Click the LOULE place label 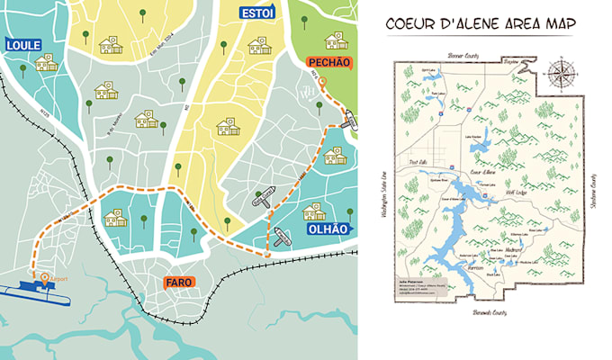[x=23, y=45]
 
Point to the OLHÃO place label [x=327, y=229]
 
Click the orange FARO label [x=178, y=283]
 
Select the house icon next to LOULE [x=45, y=62]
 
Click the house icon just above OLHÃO [x=314, y=211]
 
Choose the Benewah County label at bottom [x=490, y=312]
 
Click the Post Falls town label [x=417, y=162]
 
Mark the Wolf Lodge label [x=516, y=191]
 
